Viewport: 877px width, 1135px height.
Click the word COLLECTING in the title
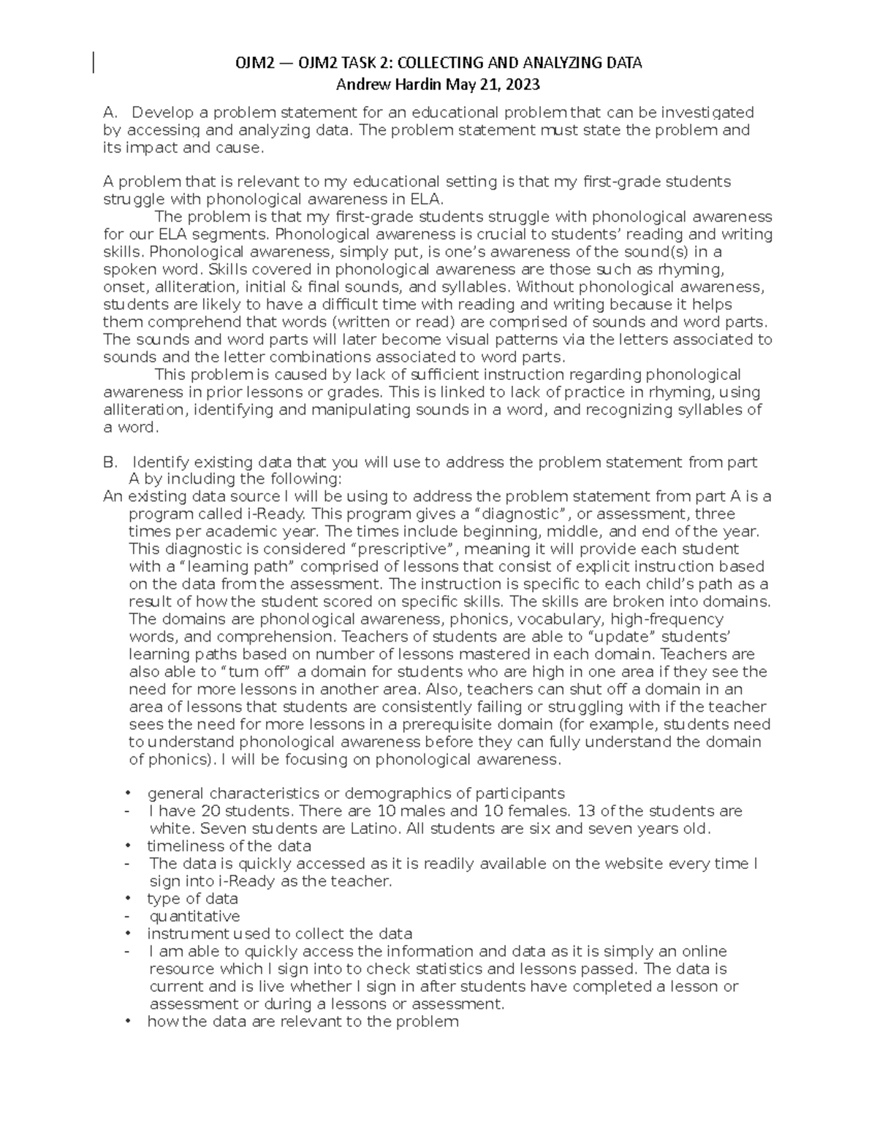(x=440, y=63)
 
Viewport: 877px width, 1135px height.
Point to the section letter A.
(x=110, y=113)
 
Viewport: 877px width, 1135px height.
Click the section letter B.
(x=110, y=463)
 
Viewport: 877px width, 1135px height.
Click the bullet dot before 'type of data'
(x=129, y=899)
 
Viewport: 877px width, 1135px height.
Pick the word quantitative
(x=194, y=916)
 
